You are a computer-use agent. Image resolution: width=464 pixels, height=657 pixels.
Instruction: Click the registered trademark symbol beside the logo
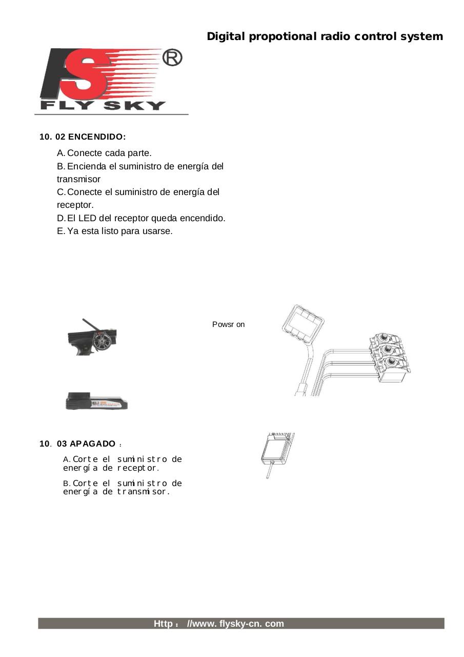(x=172, y=59)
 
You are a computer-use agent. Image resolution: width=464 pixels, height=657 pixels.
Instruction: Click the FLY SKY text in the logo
(x=103, y=106)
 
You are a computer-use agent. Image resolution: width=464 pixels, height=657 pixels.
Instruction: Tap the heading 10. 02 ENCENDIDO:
(x=83, y=137)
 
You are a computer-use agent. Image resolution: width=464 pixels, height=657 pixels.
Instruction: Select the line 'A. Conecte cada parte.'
(x=105, y=153)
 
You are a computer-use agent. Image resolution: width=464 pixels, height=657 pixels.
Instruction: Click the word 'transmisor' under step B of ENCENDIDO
(x=78, y=179)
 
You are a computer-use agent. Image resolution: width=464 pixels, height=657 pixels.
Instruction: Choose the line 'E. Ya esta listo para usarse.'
(x=115, y=231)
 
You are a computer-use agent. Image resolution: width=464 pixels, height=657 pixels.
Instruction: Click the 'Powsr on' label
(x=228, y=324)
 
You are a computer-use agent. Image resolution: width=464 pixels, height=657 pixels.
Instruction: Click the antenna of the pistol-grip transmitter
(x=91, y=326)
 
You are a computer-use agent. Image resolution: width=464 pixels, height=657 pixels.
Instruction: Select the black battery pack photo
(x=96, y=401)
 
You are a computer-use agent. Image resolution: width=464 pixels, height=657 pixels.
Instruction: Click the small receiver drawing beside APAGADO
(x=277, y=451)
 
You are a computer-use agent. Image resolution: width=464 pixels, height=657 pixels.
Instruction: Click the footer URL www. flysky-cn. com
(x=235, y=624)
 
